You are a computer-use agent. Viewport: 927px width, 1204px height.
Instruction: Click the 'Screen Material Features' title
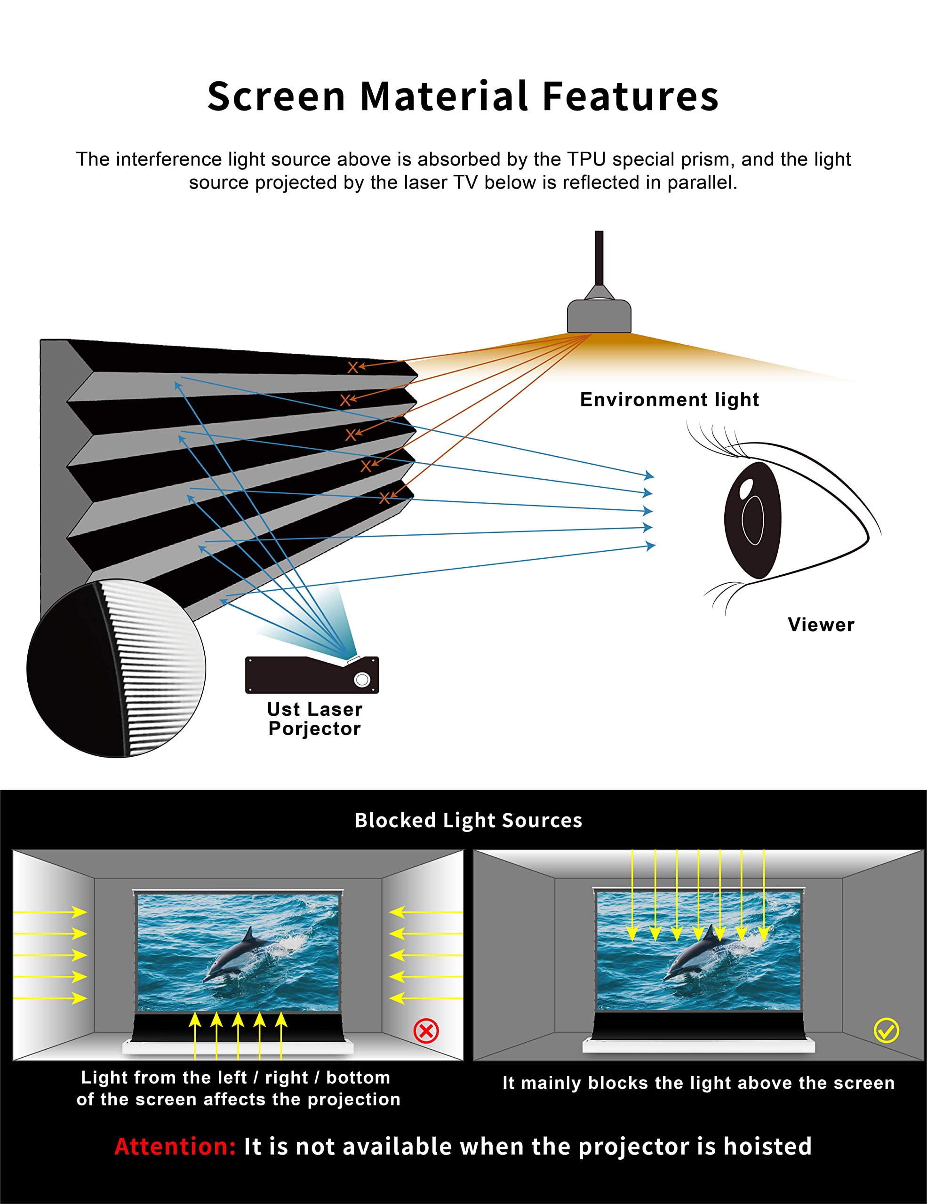463,96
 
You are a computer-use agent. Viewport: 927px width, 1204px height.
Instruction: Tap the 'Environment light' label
670,400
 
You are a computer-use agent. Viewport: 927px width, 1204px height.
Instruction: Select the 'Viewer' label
821,625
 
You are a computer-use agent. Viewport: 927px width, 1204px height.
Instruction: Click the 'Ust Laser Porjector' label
315,718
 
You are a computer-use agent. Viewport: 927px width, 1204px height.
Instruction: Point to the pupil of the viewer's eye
753,520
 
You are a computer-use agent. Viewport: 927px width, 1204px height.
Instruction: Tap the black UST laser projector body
312,675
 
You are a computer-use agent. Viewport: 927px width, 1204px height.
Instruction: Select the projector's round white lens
362,679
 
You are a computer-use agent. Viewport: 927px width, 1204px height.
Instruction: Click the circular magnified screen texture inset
116,668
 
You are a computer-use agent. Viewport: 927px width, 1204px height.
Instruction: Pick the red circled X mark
426,1030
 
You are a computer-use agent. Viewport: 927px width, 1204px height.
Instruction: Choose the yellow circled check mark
887,1030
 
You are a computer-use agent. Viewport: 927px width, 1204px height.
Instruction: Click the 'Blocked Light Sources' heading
469,820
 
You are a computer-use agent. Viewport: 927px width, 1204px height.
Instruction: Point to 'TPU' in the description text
587,159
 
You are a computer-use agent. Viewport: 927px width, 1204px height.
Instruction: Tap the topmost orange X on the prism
352,368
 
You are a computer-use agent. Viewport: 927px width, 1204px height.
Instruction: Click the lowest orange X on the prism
384,499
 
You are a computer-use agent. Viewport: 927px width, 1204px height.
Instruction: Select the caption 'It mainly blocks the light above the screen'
699,1083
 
